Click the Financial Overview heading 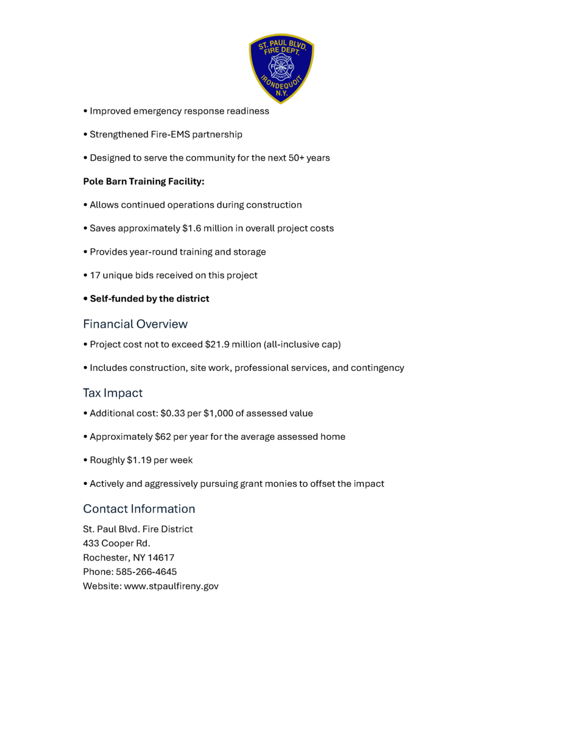(x=135, y=324)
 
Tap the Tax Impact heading (x=113, y=393)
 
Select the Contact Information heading (x=139, y=509)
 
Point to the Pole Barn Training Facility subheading (x=144, y=182)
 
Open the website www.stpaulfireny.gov (x=171, y=586)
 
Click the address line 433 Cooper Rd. (x=116, y=543)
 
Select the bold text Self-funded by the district (x=149, y=298)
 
